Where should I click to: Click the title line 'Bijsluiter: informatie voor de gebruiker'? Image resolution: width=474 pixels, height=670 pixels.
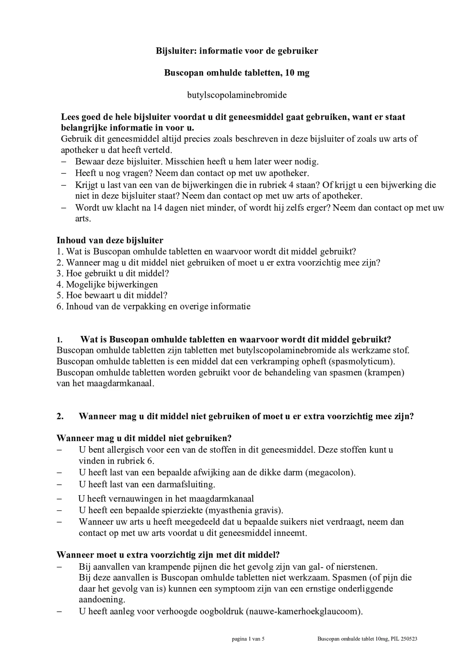pyautogui.click(x=237, y=51)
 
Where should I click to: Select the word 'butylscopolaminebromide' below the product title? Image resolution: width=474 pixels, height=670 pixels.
pyautogui.click(x=237, y=95)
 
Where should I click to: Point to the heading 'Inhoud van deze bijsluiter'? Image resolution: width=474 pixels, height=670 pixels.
pyautogui.click(x=110, y=240)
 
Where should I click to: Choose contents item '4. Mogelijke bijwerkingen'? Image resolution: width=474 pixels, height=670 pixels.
pyautogui.click(x=107, y=284)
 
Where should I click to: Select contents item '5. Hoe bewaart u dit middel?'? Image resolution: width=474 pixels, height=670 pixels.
pyautogui.click(x=112, y=295)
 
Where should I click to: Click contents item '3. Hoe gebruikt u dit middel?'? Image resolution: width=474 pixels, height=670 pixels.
pyautogui.click(x=113, y=273)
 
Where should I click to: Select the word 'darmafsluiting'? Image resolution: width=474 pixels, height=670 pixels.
pyautogui.click(x=188, y=485)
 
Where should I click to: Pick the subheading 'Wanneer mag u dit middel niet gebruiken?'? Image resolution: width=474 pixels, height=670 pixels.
pyautogui.click(x=144, y=438)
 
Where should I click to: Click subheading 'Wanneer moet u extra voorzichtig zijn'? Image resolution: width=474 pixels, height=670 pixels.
pyautogui.click(x=141, y=555)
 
